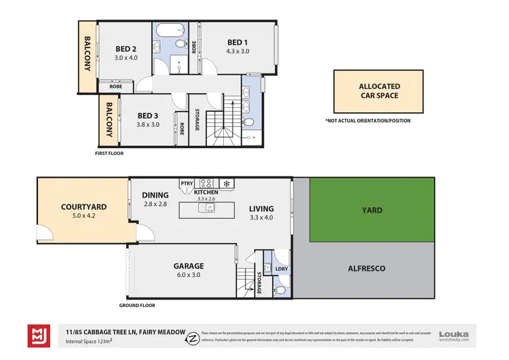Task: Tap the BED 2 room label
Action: pyautogui.click(x=126, y=48)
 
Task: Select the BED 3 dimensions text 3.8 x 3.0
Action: pyautogui.click(x=148, y=125)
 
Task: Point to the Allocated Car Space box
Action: pyautogui.click(x=379, y=91)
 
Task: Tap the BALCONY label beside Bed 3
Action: pyautogui.click(x=108, y=122)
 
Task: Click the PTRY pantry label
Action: pyautogui.click(x=187, y=183)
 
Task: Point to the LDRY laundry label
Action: pyautogui.click(x=281, y=269)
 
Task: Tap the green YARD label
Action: pyautogui.click(x=372, y=210)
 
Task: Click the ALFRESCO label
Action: pyautogui.click(x=366, y=268)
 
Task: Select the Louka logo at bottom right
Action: pyautogui.click(x=453, y=335)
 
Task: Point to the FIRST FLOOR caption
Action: pyautogui.click(x=109, y=154)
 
